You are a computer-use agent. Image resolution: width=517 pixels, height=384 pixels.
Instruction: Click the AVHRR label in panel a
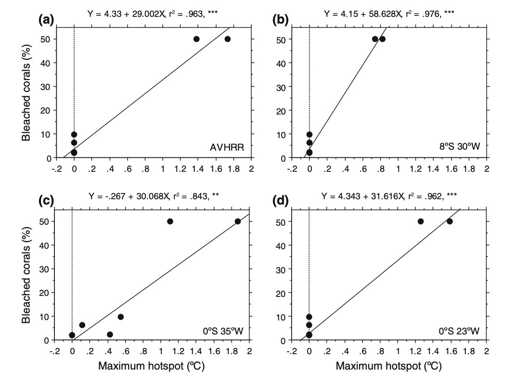click(227, 148)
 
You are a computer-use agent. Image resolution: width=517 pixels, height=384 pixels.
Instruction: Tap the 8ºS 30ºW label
click(459, 148)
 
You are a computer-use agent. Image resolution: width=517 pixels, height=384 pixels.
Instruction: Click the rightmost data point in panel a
click(228, 39)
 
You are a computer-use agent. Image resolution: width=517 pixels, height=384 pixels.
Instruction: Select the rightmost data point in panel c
click(238, 221)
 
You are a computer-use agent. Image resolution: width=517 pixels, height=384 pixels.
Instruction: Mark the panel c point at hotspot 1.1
click(170, 221)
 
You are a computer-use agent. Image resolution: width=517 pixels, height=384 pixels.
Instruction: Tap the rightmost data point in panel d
click(450, 221)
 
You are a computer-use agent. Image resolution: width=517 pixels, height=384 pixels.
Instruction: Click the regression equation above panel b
click(388, 14)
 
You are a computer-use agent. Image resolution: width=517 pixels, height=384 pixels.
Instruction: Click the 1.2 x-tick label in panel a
click(181, 169)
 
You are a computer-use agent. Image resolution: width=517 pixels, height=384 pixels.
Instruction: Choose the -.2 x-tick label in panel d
click(291, 351)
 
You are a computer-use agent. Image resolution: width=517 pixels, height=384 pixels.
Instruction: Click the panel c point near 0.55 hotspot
click(121, 317)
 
